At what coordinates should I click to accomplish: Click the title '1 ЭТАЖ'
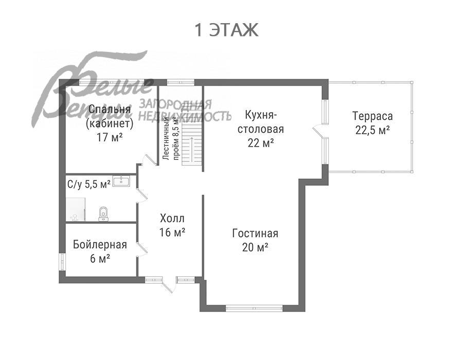[226, 30]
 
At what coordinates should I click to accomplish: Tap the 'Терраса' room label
[372, 116]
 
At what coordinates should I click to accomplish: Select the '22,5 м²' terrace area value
[372, 130]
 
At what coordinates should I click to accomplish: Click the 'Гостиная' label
[255, 233]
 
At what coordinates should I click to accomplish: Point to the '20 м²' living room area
[255, 247]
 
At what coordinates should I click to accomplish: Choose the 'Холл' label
[172, 218]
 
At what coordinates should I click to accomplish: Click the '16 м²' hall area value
[172, 232]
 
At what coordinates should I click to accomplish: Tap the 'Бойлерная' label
[99, 244]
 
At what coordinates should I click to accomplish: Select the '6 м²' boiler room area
[99, 259]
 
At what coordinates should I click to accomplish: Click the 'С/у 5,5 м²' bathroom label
[88, 184]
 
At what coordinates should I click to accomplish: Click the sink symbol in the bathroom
[122, 181]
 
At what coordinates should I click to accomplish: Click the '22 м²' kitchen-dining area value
[260, 143]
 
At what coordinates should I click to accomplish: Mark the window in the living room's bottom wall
[254, 309]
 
